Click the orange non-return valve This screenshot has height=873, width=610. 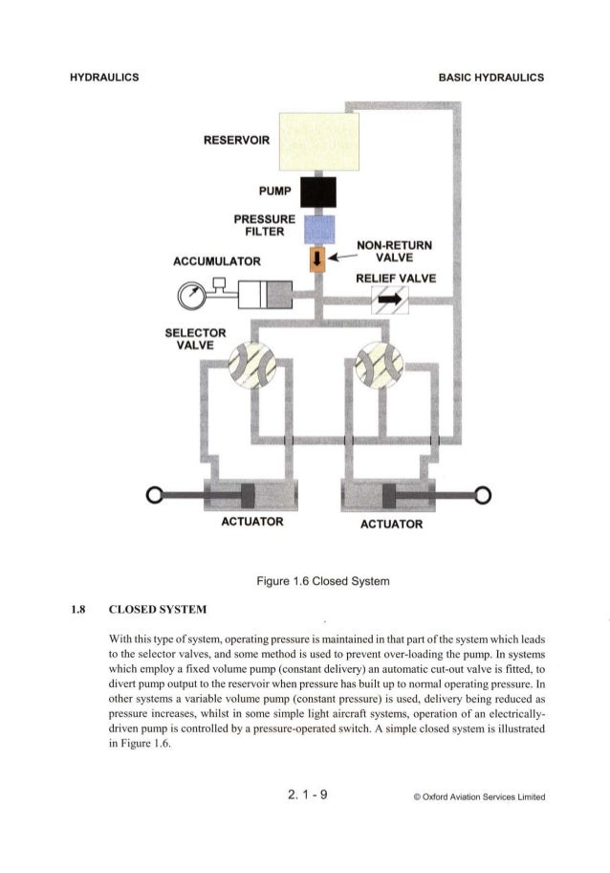tap(316, 259)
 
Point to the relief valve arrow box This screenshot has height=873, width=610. tap(389, 301)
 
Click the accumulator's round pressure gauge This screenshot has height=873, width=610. tap(187, 294)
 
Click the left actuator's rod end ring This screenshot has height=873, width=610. tap(150, 495)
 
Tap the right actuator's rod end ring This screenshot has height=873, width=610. tap(484, 495)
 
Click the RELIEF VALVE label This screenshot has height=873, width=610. tap(395, 279)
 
